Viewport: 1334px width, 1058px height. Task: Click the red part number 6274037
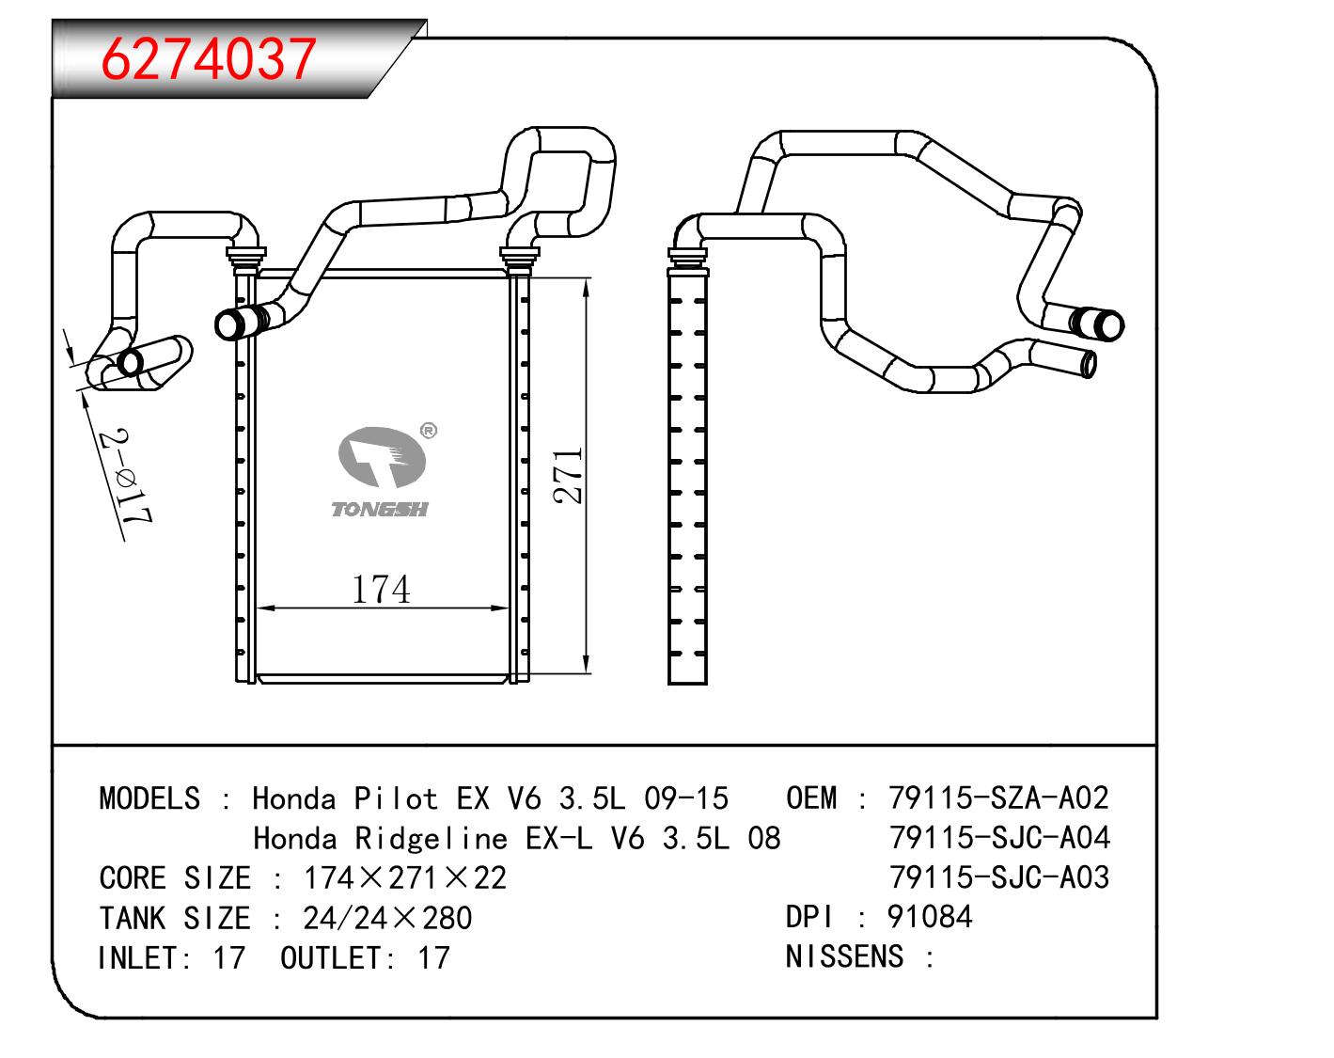(x=209, y=59)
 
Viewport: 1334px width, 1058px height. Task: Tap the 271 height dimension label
(x=569, y=476)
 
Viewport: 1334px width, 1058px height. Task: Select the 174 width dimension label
(x=381, y=589)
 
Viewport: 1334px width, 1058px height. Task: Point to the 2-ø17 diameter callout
(x=126, y=476)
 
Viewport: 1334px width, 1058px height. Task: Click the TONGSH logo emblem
(x=382, y=457)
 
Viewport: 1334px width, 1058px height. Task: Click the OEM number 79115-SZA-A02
(x=998, y=798)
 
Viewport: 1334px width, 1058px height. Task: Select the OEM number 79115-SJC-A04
(x=999, y=838)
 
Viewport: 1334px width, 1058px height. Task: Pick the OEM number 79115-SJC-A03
(x=999, y=877)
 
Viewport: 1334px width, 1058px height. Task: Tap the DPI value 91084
(x=930, y=917)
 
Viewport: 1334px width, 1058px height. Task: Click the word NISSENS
(x=844, y=956)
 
